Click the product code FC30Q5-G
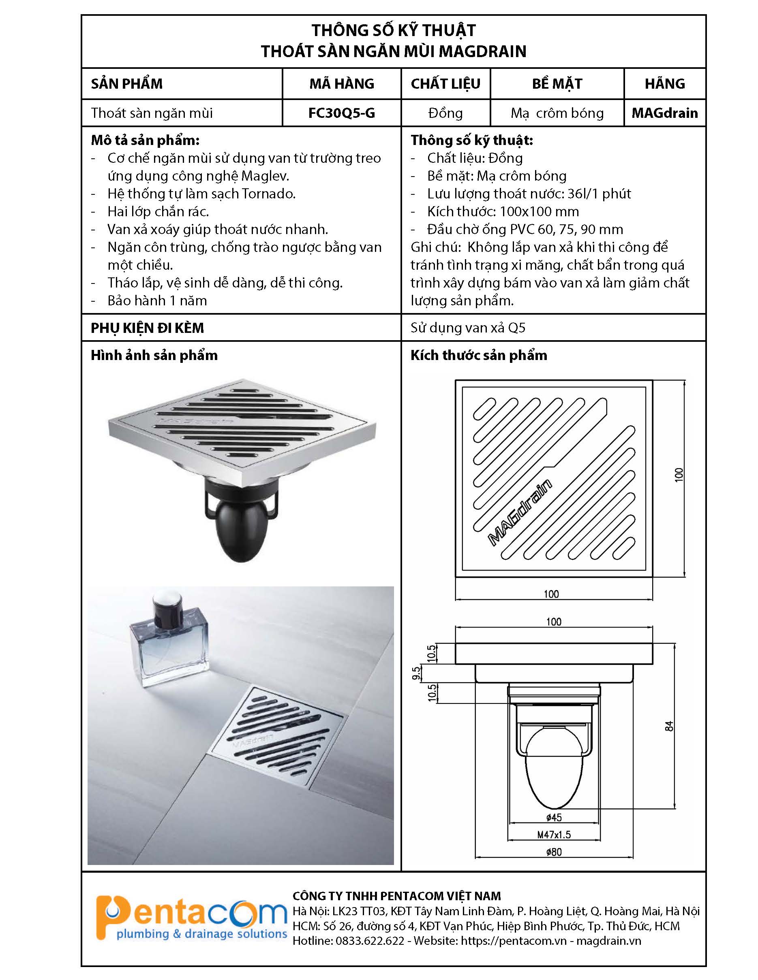pyautogui.click(x=341, y=113)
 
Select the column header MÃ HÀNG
pyautogui.click(x=341, y=83)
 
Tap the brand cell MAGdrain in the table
pyautogui.click(x=665, y=113)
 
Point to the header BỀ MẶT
pyautogui.click(x=557, y=83)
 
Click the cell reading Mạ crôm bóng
pyautogui.click(x=557, y=113)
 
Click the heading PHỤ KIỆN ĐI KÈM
pyautogui.click(x=147, y=328)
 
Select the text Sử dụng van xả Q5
pyautogui.click(x=468, y=328)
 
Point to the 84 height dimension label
pyautogui.click(x=669, y=726)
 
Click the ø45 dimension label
pyautogui.click(x=554, y=818)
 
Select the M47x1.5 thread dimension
pyautogui.click(x=554, y=835)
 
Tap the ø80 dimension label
pyautogui.click(x=554, y=852)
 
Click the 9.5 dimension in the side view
pyautogui.click(x=416, y=673)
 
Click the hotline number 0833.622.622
pyautogui.click(x=370, y=941)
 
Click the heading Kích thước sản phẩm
pyautogui.click(x=479, y=356)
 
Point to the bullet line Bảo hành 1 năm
pyautogui.click(x=157, y=300)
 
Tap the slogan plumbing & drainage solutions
pyautogui.click(x=201, y=934)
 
